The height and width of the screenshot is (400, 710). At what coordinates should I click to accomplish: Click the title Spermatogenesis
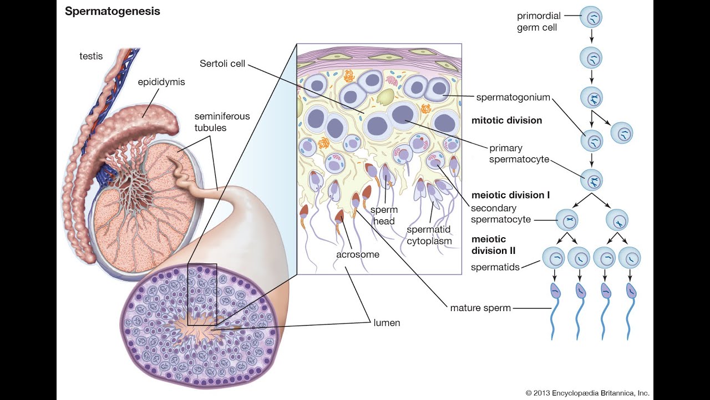tap(112, 12)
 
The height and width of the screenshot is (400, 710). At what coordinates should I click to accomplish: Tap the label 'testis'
tap(90, 56)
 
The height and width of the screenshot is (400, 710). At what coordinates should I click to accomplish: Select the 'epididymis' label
tap(161, 82)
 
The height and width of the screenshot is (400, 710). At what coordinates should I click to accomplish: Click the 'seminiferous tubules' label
tap(222, 122)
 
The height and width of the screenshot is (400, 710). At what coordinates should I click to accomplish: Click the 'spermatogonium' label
tap(513, 97)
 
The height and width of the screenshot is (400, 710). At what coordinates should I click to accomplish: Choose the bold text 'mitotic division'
tap(506, 120)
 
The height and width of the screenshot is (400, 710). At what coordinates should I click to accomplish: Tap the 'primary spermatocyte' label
tap(519, 154)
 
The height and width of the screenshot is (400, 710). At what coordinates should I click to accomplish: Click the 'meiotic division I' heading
tap(510, 195)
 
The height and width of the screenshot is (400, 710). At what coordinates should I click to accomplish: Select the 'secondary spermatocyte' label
tap(501, 214)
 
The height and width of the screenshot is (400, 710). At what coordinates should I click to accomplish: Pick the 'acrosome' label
tap(358, 254)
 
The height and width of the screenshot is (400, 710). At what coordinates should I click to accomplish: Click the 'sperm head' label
tap(383, 216)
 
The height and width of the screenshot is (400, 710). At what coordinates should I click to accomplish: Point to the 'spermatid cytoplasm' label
tap(429, 236)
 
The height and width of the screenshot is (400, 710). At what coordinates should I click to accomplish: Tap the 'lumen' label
tap(387, 322)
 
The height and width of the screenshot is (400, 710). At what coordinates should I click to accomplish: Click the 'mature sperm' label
tap(480, 308)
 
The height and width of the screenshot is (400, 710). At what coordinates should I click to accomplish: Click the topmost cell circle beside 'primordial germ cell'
tap(591, 18)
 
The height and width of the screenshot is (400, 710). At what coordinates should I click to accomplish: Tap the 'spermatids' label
tap(495, 267)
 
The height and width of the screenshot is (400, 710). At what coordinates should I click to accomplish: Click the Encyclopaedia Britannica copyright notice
tap(587, 393)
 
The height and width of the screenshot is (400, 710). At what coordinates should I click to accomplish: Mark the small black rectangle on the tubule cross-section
tap(202, 294)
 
